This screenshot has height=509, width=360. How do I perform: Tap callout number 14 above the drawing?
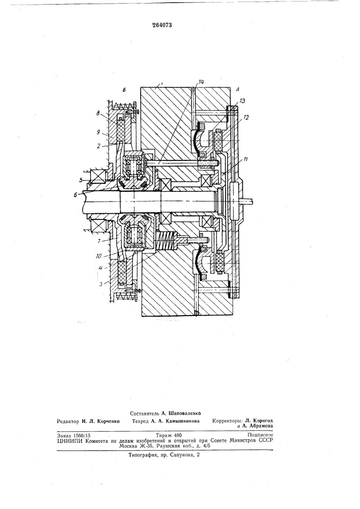point(201,82)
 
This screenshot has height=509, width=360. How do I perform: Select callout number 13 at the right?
point(242,101)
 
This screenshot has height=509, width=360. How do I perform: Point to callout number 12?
point(245,118)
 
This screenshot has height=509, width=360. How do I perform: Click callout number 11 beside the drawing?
point(246,159)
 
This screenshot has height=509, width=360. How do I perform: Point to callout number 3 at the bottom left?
point(101,284)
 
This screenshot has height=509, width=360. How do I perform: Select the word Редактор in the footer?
point(68,421)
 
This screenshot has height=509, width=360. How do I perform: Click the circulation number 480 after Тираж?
point(178,435)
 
